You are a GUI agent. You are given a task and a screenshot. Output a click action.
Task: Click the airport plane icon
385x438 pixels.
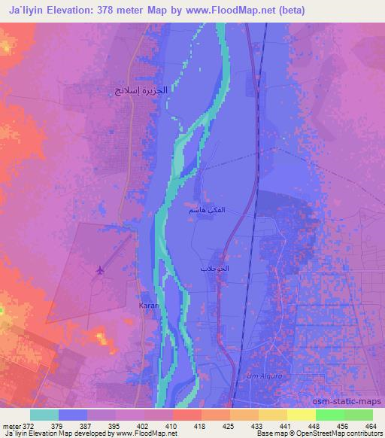coord(99,270)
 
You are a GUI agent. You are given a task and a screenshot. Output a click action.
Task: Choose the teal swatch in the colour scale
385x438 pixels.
coord(44,415)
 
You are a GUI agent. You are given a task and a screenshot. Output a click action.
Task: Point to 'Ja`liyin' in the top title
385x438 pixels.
coord(28,11)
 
